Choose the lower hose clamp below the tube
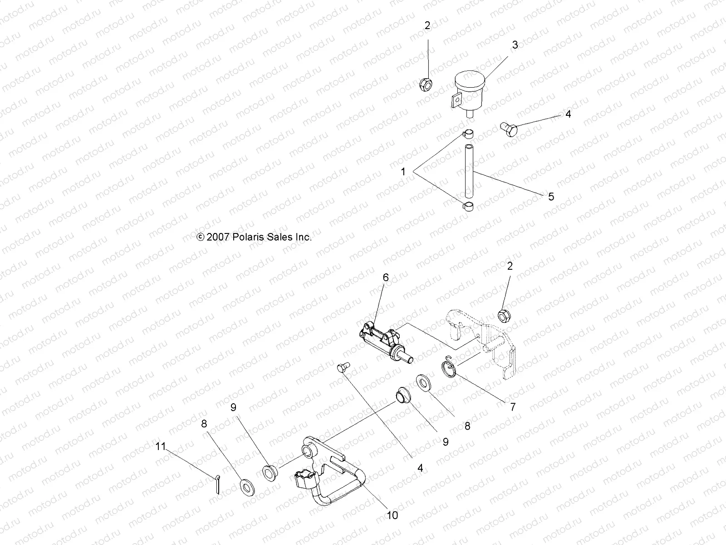(x=468, y=207)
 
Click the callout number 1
(x=403, y=172)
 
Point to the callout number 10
(x=392, y=515)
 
